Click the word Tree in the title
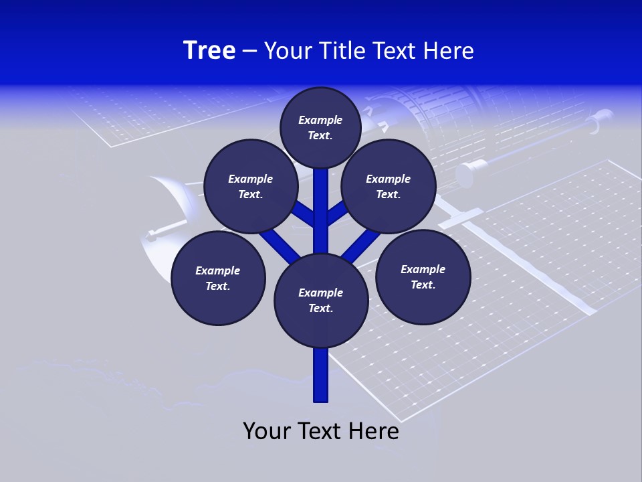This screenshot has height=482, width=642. point(209,51)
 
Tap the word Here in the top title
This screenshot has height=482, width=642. point(448,51)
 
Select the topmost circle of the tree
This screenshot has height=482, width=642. point(320,127)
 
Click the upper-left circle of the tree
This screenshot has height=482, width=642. point(251,186)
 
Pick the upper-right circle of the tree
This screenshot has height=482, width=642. point(389,186)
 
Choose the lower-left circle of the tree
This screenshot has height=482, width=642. point(218,278)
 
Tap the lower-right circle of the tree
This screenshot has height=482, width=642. point(423,276)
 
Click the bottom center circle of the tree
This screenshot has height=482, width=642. point(321,300)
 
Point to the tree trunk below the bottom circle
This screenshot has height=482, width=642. point(321,375)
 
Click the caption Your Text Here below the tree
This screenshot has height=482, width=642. point(321,431)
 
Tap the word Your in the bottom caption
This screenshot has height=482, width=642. point(267,431)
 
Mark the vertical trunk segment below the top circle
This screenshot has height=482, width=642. point(321,201)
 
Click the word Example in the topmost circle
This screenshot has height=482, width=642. point(320,120)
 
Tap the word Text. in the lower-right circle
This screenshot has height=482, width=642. point(423,285)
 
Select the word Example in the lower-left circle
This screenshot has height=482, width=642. point(218,270)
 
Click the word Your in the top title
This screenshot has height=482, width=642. point(284,51)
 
